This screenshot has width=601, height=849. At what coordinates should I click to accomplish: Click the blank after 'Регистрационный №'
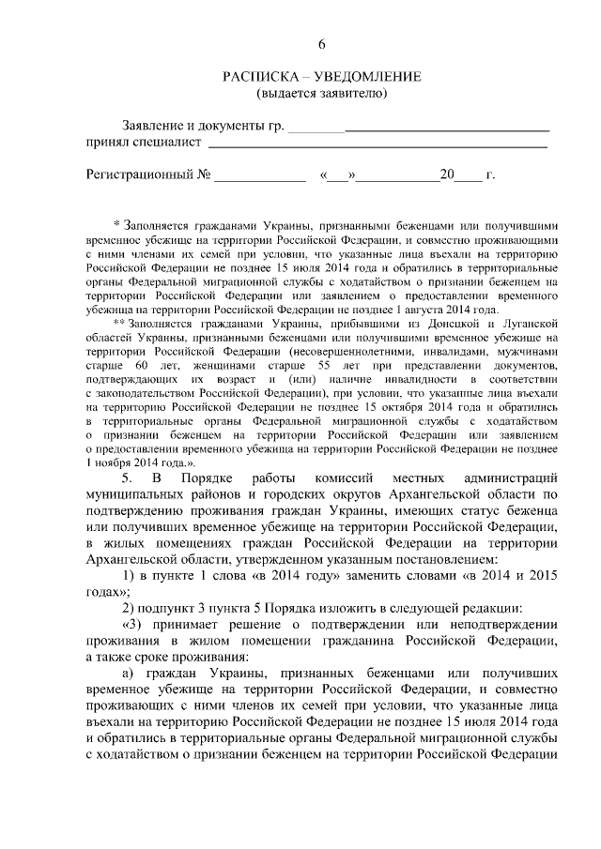point(261,174)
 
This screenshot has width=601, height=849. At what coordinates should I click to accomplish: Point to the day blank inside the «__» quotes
point(337,174)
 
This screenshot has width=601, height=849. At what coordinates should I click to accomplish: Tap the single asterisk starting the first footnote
point(116,226)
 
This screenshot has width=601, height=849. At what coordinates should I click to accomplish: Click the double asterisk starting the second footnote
point(118,324)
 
